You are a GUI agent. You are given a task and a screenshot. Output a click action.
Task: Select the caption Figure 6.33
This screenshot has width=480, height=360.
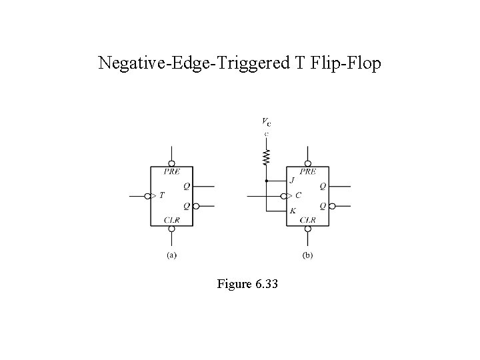(247, 285)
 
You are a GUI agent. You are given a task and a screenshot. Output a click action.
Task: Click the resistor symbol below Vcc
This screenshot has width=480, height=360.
(266, 157)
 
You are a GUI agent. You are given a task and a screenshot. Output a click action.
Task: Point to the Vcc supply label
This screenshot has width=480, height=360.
(266, 122)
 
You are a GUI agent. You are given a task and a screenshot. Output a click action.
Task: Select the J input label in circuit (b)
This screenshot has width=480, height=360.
(292, 180)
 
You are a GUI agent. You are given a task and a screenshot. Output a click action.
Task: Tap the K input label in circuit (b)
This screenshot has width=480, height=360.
(292, 211)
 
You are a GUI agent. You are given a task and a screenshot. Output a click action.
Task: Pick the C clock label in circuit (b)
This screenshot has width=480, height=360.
(298, 196)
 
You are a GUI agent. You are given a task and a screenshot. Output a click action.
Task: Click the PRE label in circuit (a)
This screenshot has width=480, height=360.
(171, 171)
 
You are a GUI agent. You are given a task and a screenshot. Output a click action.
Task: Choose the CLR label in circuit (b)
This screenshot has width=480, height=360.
(307, 220)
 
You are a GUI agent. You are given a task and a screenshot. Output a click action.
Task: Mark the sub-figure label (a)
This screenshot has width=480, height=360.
(171, 255)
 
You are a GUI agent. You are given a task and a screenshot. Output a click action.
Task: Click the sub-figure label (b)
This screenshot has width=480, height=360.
(307, 255)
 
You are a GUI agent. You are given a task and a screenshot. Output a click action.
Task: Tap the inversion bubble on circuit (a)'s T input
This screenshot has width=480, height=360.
(148, 196)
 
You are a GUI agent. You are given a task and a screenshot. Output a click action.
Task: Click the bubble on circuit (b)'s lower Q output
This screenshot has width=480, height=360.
(332, 207)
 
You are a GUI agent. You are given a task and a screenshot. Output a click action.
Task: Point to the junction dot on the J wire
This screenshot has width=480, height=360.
(266, 180)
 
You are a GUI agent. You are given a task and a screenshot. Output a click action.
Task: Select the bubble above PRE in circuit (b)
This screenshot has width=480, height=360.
(308, 162)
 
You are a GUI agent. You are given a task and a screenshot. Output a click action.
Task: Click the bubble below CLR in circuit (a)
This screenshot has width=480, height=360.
(171, 229)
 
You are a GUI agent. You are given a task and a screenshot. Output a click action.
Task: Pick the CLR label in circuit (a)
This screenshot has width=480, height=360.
(171, 220)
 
